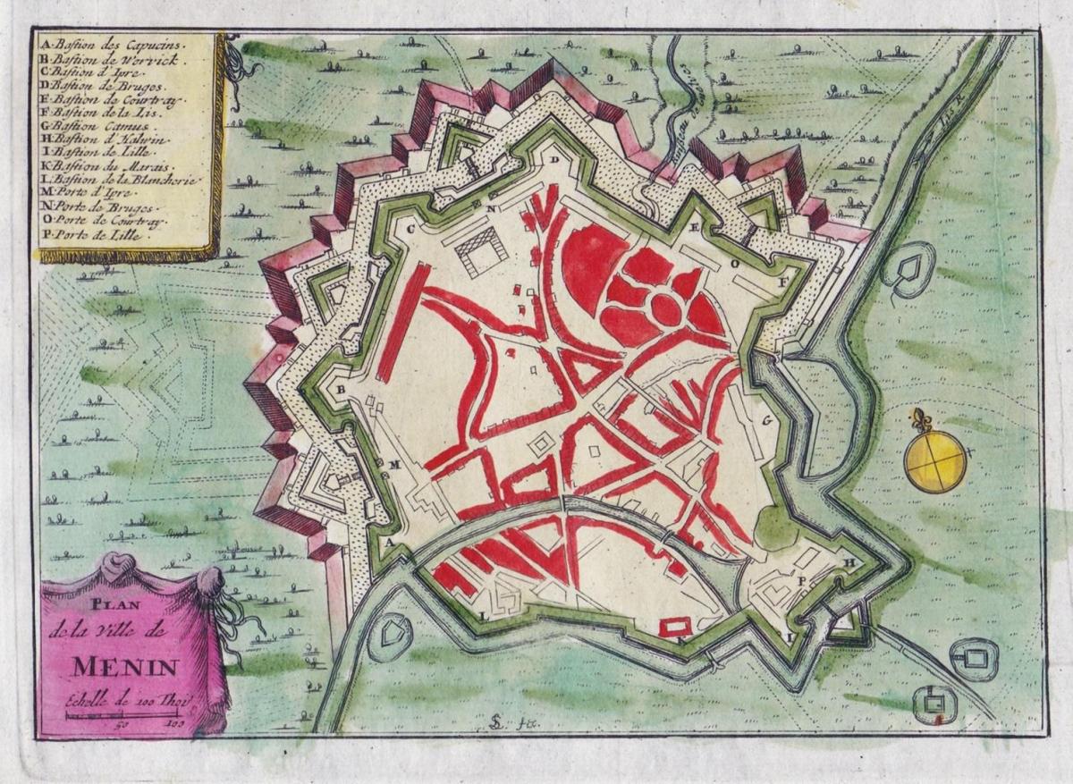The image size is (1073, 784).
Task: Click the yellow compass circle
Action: pos(935,461)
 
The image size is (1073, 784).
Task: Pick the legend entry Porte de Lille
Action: pos(103,237)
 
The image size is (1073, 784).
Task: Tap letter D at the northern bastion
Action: pos(554,159)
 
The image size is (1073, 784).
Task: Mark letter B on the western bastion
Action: pos(341,390)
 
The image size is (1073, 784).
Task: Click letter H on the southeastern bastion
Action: pos(851,561)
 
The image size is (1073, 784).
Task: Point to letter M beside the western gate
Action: pos(394,464)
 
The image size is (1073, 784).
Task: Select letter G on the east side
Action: pos(766,419)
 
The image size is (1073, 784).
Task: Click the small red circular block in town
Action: pos(665,308)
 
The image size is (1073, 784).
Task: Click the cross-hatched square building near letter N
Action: pos(481,249)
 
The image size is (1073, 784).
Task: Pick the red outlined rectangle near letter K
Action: pos(675,627)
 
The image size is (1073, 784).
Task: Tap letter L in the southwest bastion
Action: pos(484,616)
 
